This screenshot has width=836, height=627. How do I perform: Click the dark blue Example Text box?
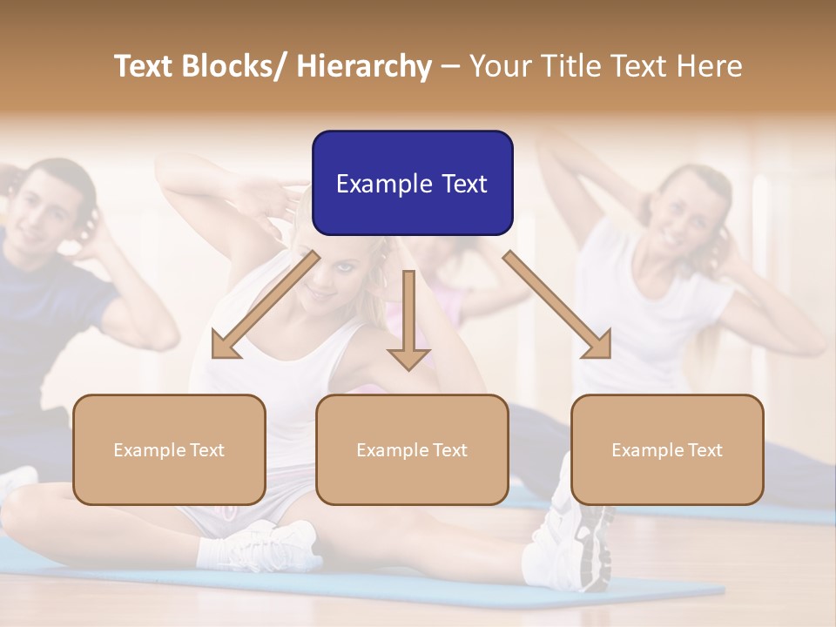pos(412,184)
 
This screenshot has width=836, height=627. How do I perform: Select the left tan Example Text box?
pos(169,449)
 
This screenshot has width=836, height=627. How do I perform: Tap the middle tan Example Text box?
pos(412,449)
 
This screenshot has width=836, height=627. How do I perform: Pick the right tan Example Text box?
pos(667,449)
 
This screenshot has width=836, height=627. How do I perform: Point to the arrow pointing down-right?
pos(557,306)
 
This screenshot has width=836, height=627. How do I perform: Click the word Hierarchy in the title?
pos(364,66)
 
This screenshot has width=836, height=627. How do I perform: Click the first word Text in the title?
pos(144,66)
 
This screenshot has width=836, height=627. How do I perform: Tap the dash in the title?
pos(450,66)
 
